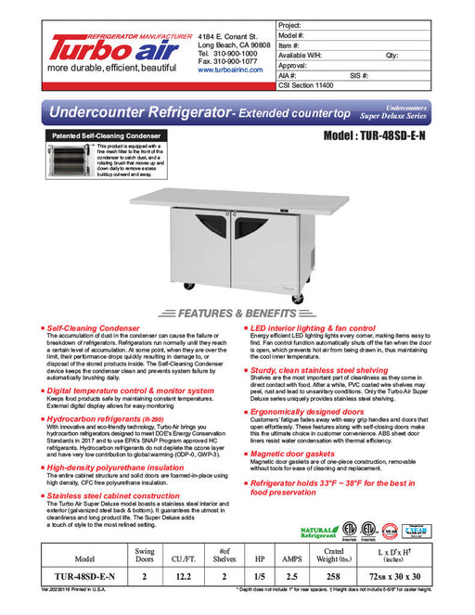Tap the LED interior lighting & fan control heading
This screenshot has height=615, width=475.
[312, 328]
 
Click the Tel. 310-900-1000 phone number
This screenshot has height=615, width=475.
[234, 54]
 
